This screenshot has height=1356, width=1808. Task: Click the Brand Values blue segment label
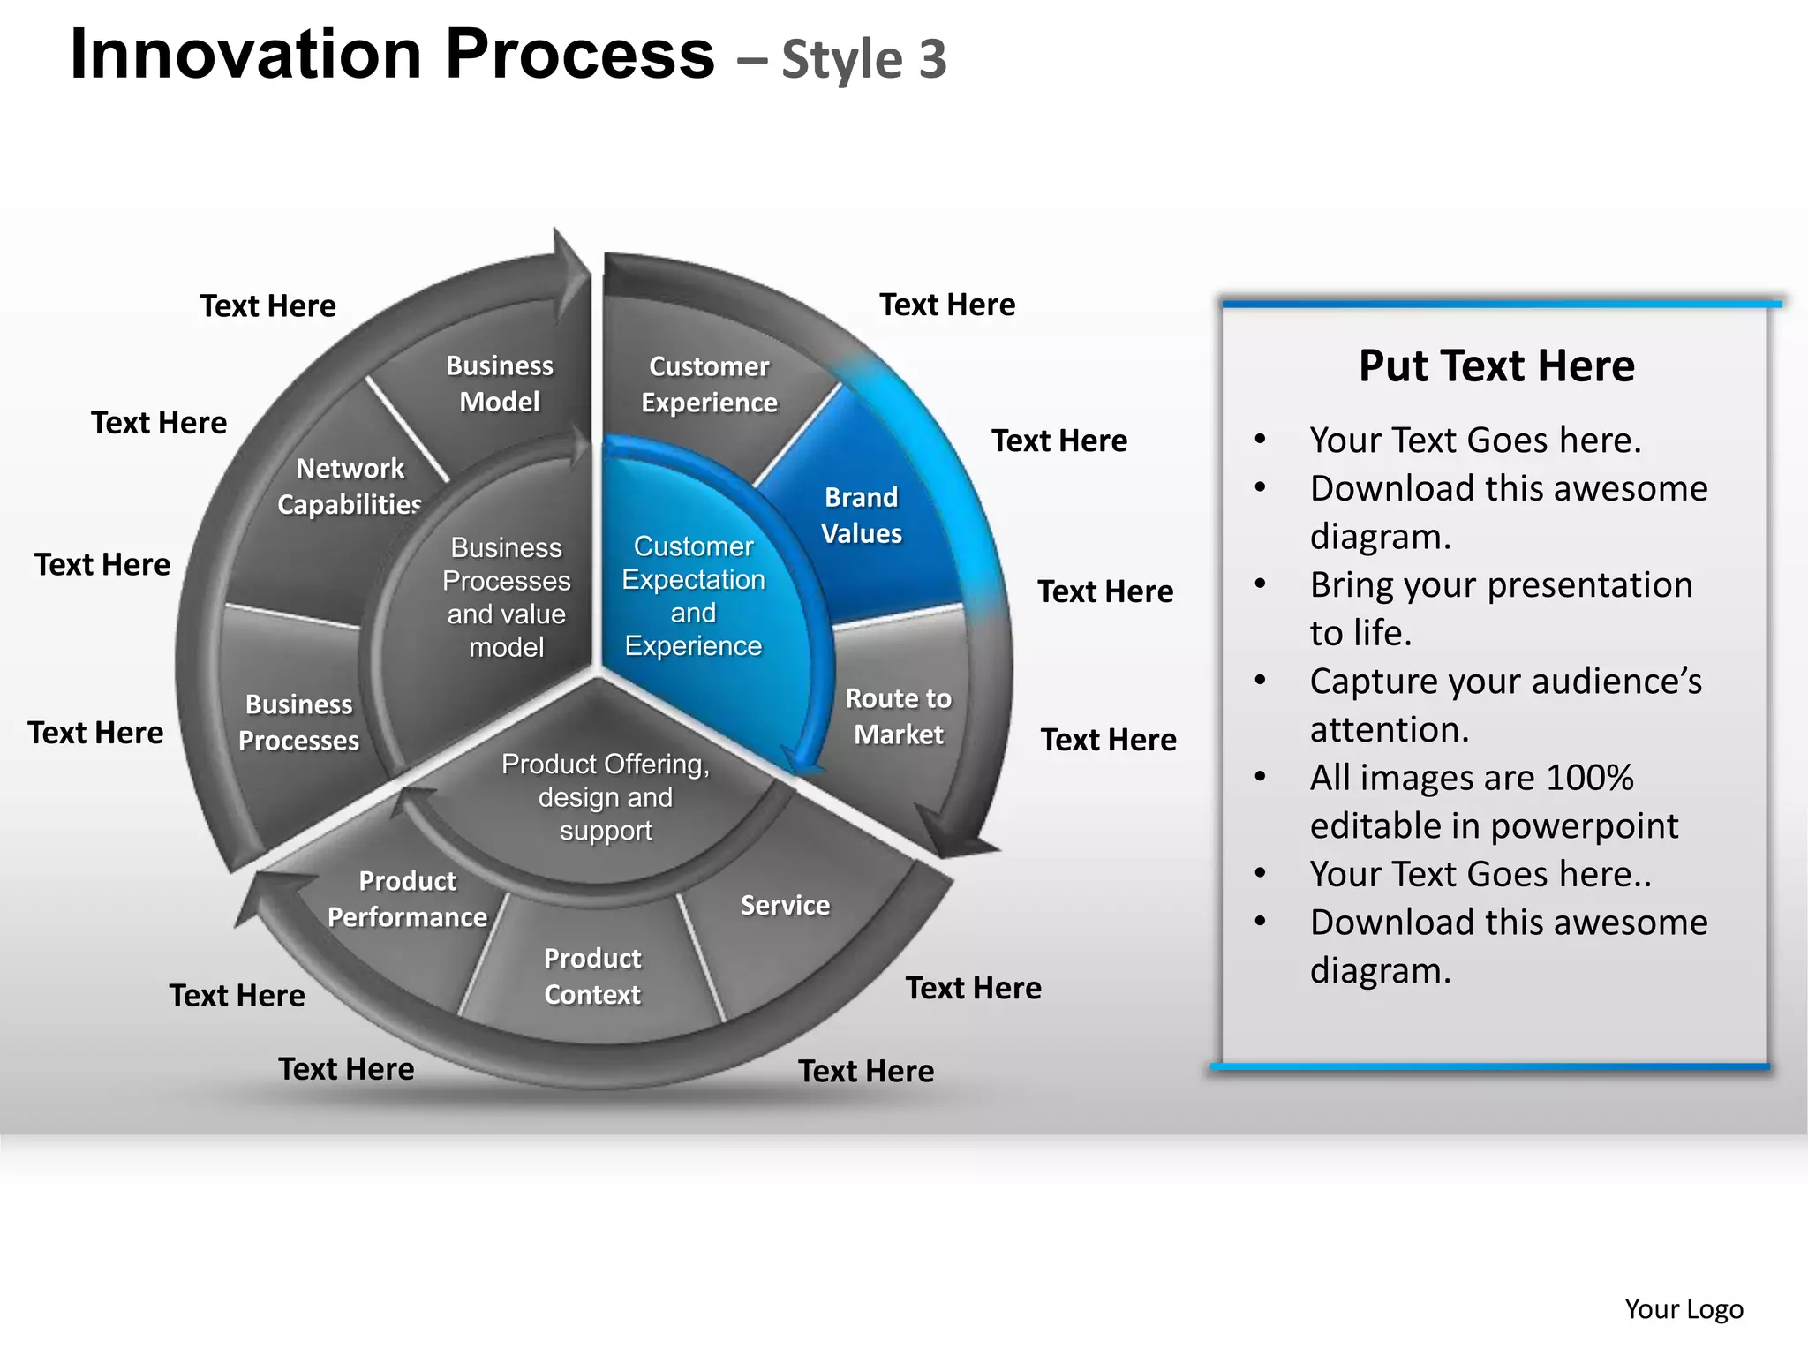pyautogui.click(x=861, y=516)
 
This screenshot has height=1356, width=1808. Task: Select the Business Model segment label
pyautogui.click(x=499, y=384)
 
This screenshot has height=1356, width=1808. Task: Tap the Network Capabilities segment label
pyautogui.click(x=350, y=486)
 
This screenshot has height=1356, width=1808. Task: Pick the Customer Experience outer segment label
pyautogui.click(x=709, y=385)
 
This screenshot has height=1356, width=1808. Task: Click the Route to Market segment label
pyautogui.click(x=898, y=716)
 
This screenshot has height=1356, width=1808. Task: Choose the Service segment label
pyautogui.click(x=785, y=905)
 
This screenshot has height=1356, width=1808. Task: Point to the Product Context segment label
pyautogui.click(x=592, y=976)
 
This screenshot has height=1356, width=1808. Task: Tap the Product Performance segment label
pyautogui.click(x=407, y=899)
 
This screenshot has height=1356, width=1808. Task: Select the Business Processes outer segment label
pyautogui.click(x=298, y=722)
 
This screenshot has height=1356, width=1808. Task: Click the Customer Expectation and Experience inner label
pyautogui.click(x=693, y=596)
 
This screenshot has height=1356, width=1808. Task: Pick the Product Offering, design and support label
pyautogui.click(x=606, y=797)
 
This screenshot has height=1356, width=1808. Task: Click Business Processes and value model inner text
pyautogui.click(x=506, y=598)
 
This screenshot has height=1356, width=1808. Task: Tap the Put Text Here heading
pyautogui.click(x=1496, y=365)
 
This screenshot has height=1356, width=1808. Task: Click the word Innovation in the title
pyautogui.click(x=245, y=55)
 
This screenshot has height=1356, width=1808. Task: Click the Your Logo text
pyautogui.click(x=1684, y=1308)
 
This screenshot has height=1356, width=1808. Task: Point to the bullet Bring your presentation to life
pyautogui.click(x=1501, y=608)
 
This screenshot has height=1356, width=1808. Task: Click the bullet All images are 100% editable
pyautogui.click(x=1494, y=802)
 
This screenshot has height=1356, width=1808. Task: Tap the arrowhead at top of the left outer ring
pyautogui.click(x=569, y=269)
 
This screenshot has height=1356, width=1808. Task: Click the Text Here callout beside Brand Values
pyautogui.click(x=1058, y=441)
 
